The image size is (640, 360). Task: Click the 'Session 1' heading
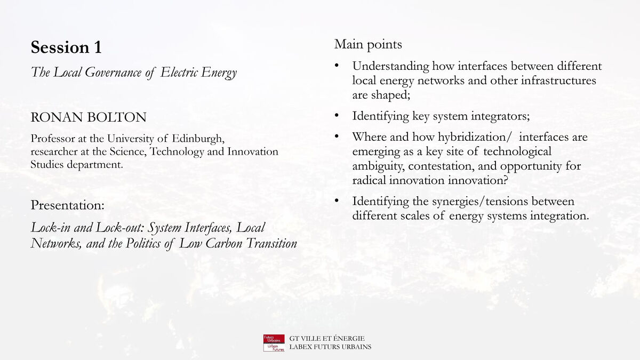click(x=66, y=47)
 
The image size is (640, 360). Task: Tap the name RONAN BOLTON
click(x=89, y=117)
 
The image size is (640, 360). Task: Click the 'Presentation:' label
click(x=67, y=205)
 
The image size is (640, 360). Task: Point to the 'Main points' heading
click(x=368, y=45)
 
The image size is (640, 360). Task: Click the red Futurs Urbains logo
click(x=274, y=343)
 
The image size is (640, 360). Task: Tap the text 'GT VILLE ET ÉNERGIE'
click(x=327, y=339)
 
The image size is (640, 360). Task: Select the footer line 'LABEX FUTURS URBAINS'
click(x=330, y=347)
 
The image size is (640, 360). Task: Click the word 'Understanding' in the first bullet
click(x=390, y=67)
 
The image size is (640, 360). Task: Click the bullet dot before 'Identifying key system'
click(x=337, y=115)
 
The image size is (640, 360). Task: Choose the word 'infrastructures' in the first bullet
click(x=558, y=81)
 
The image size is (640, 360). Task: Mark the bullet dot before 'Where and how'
click(x=337, y=137)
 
